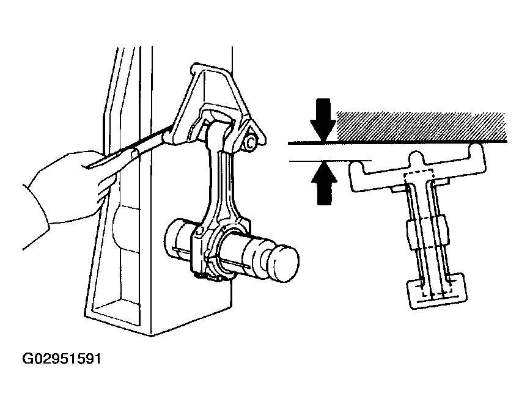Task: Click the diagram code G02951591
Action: point(62,358)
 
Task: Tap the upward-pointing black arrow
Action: point(324,183)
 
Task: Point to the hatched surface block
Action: point(421,126)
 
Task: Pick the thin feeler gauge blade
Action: point(128,148)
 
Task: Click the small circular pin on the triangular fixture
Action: point(251,144)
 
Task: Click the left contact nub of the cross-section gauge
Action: point(356,166)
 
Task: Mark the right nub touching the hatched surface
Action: point(476,148)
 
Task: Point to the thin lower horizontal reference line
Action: point(330,161)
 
